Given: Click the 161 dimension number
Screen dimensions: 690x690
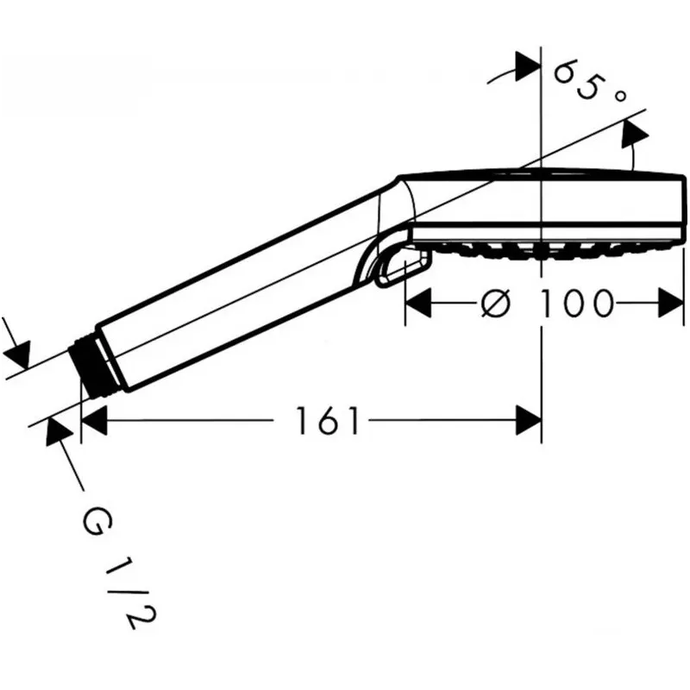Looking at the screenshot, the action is (x=328, y=421).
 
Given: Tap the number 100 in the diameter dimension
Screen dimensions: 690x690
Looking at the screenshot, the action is (x=576, y=304).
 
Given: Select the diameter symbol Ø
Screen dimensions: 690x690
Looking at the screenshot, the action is (x=496, y=304).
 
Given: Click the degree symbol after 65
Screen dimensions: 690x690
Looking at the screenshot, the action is (x=619, y=96).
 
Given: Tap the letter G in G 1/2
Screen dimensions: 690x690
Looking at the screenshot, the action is (x=97, y=522).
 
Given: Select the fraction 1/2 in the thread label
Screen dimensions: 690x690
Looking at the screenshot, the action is (x=130, y=595).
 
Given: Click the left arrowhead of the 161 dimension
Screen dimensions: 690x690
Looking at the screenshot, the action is (x=94, y=421).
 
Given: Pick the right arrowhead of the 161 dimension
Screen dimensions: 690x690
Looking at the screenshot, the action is (x=529, y=421).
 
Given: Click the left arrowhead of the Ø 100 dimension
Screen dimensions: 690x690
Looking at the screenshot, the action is (x=418, y=303).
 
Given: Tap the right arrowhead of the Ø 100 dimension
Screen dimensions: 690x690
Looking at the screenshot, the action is (x=671, y=303).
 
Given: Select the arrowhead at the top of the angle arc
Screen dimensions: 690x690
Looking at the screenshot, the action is (x=528, y=67).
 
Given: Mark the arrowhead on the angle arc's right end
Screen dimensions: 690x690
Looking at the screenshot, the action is (x=634, y=134).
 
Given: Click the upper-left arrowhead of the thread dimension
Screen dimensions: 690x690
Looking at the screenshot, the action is (x=16, y=354).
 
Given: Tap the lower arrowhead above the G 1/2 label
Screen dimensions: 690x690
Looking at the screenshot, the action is (x=59, y=432).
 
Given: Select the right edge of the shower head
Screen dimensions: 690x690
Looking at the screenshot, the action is (x=684, y=207).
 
